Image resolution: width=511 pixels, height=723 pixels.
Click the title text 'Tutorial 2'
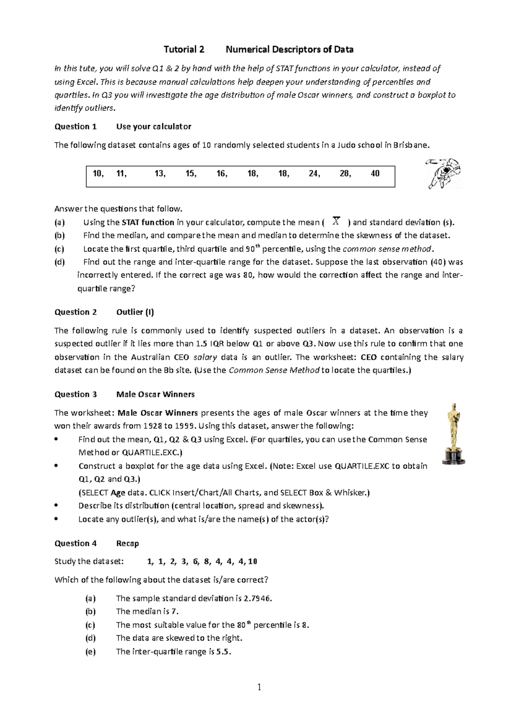184,49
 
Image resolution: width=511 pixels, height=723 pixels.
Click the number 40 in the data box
375,173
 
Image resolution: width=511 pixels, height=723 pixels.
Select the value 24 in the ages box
314,173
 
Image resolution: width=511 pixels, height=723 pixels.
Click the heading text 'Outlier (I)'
135,312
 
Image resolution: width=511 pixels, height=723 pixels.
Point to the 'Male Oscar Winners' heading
155,394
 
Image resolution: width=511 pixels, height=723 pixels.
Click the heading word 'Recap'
127,543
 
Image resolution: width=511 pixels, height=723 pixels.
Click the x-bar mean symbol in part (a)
336,221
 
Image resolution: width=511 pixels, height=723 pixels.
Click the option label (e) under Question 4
90,651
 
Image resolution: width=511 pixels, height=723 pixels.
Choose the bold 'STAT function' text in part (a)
148,222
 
